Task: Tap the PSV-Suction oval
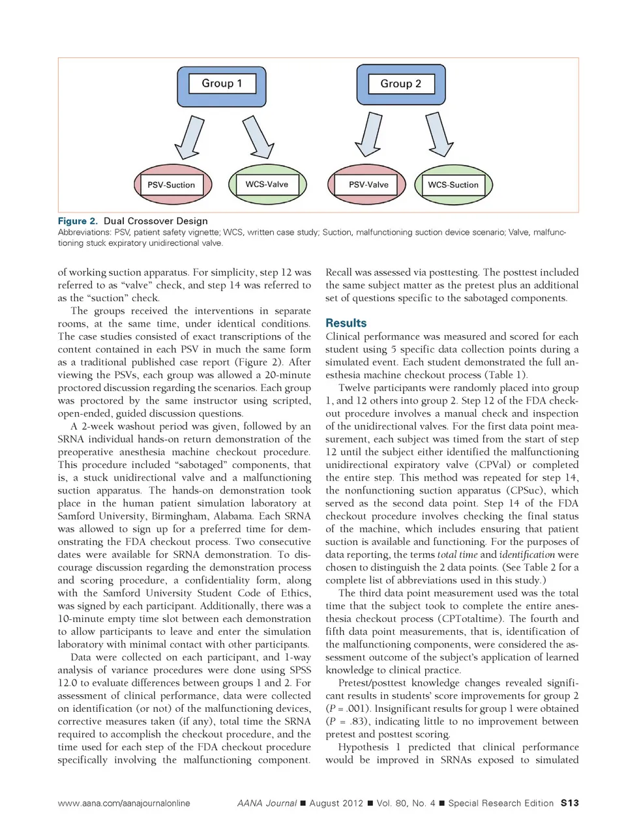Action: click(171, 184)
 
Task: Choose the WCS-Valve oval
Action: click(267, 184)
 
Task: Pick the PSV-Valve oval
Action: click(368, 184)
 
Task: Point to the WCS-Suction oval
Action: click(453, 184)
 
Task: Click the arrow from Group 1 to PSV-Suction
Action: click(189, 138)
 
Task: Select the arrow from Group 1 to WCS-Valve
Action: click(258, 137)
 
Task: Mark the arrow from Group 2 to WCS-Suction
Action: click(439, 135)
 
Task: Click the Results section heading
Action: click(346, 323)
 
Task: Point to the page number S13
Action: click(569, 803)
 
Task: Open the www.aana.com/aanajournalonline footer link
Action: click(124, 803)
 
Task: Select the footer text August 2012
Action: click(336, 803)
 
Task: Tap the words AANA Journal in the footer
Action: click(267, 803)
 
